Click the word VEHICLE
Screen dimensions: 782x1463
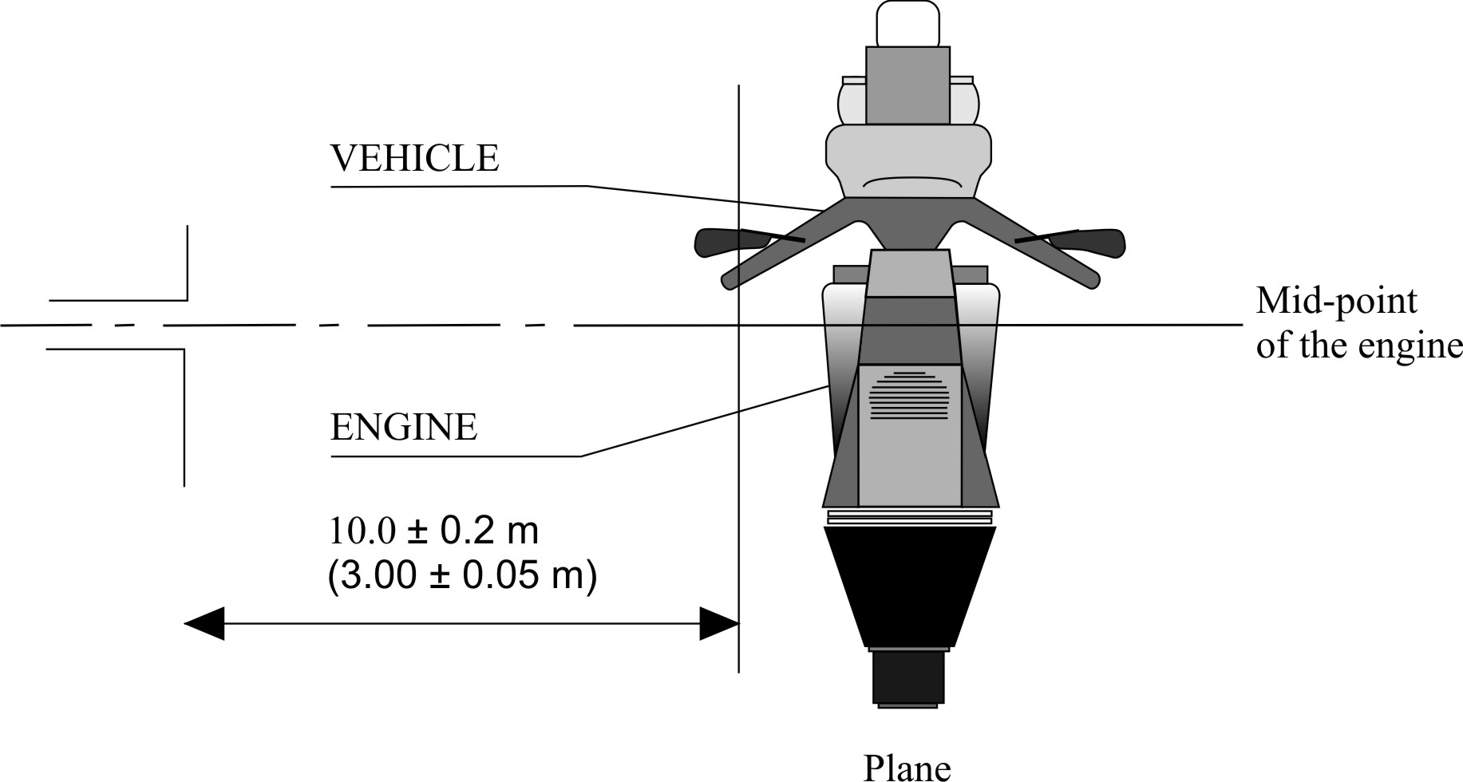click(x=414, y=159)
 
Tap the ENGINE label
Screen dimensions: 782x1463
click(x=403, y=428)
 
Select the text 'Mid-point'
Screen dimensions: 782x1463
click(x=1336, y=302)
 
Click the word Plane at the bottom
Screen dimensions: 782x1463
click(x=907, y=768)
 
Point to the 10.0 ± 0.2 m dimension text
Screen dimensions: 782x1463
click(x=433, y=531)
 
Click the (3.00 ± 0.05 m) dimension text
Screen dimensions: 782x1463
click(x=461, y=576)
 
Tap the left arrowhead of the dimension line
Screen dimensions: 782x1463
click(x=204, y=623)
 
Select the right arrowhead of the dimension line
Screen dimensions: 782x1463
click(x=718, y=623)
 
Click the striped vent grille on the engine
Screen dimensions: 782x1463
click(x=908, y=395)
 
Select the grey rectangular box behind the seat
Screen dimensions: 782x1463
click(x=908, y=85)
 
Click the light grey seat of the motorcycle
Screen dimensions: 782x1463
click(x=908, y=160)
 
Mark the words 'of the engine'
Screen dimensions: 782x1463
click(x=1358, y=347)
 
